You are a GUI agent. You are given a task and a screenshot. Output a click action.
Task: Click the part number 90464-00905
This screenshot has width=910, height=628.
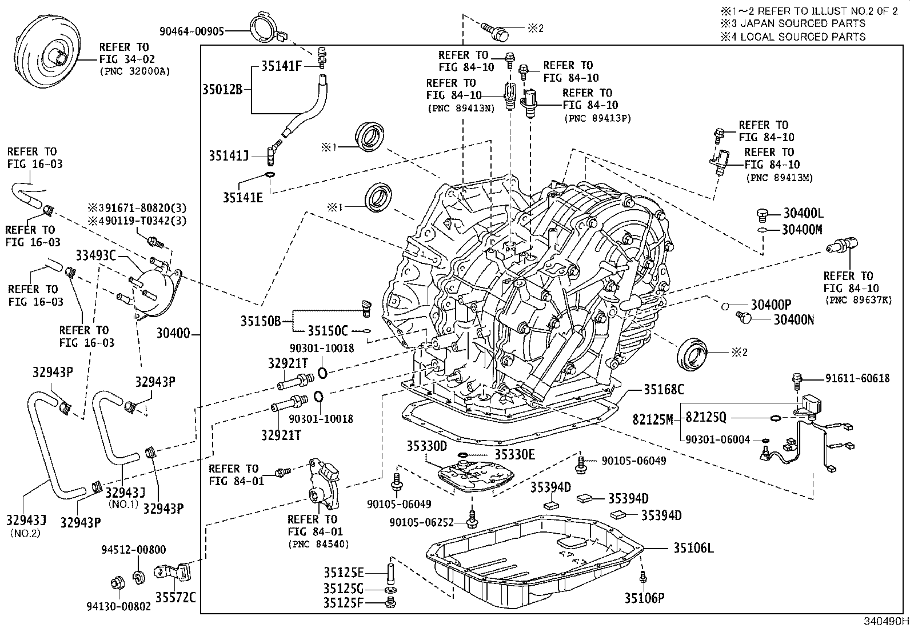(x=191, y=31)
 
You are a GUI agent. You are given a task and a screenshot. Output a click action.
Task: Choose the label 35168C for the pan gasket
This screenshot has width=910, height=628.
(x=664, y=390)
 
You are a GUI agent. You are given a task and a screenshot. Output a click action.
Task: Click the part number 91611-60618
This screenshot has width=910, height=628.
(x=857, y=378)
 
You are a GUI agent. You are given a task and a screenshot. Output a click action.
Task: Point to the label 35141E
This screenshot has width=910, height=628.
(x=243, y=198)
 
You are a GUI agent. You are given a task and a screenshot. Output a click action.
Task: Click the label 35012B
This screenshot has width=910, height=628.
(x=222, y=89)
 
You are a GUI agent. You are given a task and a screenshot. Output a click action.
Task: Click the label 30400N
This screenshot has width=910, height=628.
(x=793, y=319)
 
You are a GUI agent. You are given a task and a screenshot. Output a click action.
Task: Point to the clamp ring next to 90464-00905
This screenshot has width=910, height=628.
(x=266, y=27)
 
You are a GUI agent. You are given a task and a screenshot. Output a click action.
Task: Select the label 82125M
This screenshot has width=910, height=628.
(x=653, y=419)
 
